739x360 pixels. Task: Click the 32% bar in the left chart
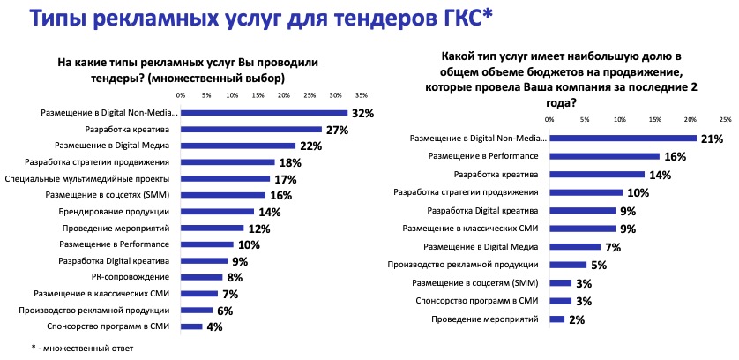click(x=264, y=113)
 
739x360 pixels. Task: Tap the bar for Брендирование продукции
click(x=217, y=212)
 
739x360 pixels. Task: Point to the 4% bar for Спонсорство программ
click(x=191, y=326)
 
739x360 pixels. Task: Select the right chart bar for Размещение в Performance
click(x=604, y=156)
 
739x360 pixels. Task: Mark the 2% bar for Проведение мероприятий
click(x=556, y=319)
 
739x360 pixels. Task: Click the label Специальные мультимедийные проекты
click(x=104, y=178)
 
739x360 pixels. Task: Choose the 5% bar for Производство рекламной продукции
click(x=567, y=265)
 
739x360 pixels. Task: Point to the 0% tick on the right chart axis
click(x=550, y=118)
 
